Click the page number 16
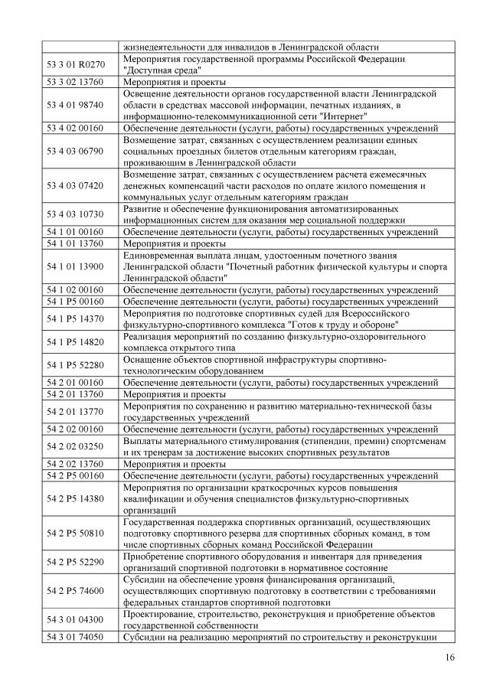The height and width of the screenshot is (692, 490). pos(449,658)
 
